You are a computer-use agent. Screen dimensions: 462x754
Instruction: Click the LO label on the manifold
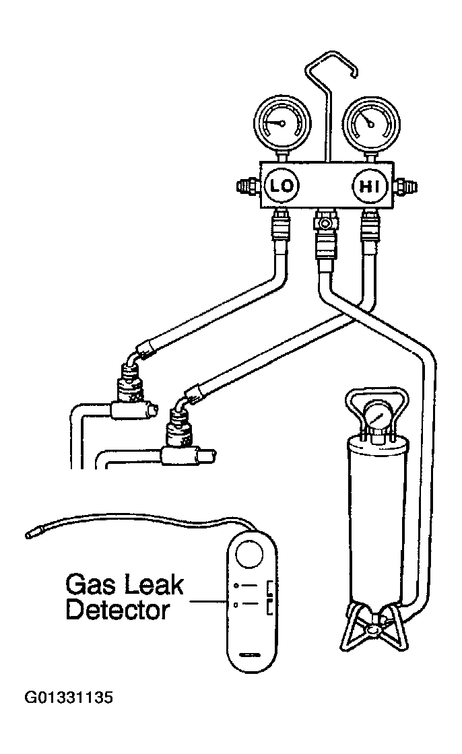click(x=282, y=186)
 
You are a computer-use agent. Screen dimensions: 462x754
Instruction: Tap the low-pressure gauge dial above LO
click(x=282, y=123)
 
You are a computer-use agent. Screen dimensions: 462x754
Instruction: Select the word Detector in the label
click(x=118, y=610)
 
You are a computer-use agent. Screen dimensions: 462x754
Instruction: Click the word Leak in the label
click(x=154, y=585)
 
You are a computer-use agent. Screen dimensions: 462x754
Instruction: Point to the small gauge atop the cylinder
click(x=378, y=414)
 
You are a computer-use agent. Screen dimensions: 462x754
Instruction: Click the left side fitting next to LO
click(x=249, y=186)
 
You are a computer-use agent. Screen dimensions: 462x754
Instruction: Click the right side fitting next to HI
click(x=405, y=186)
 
